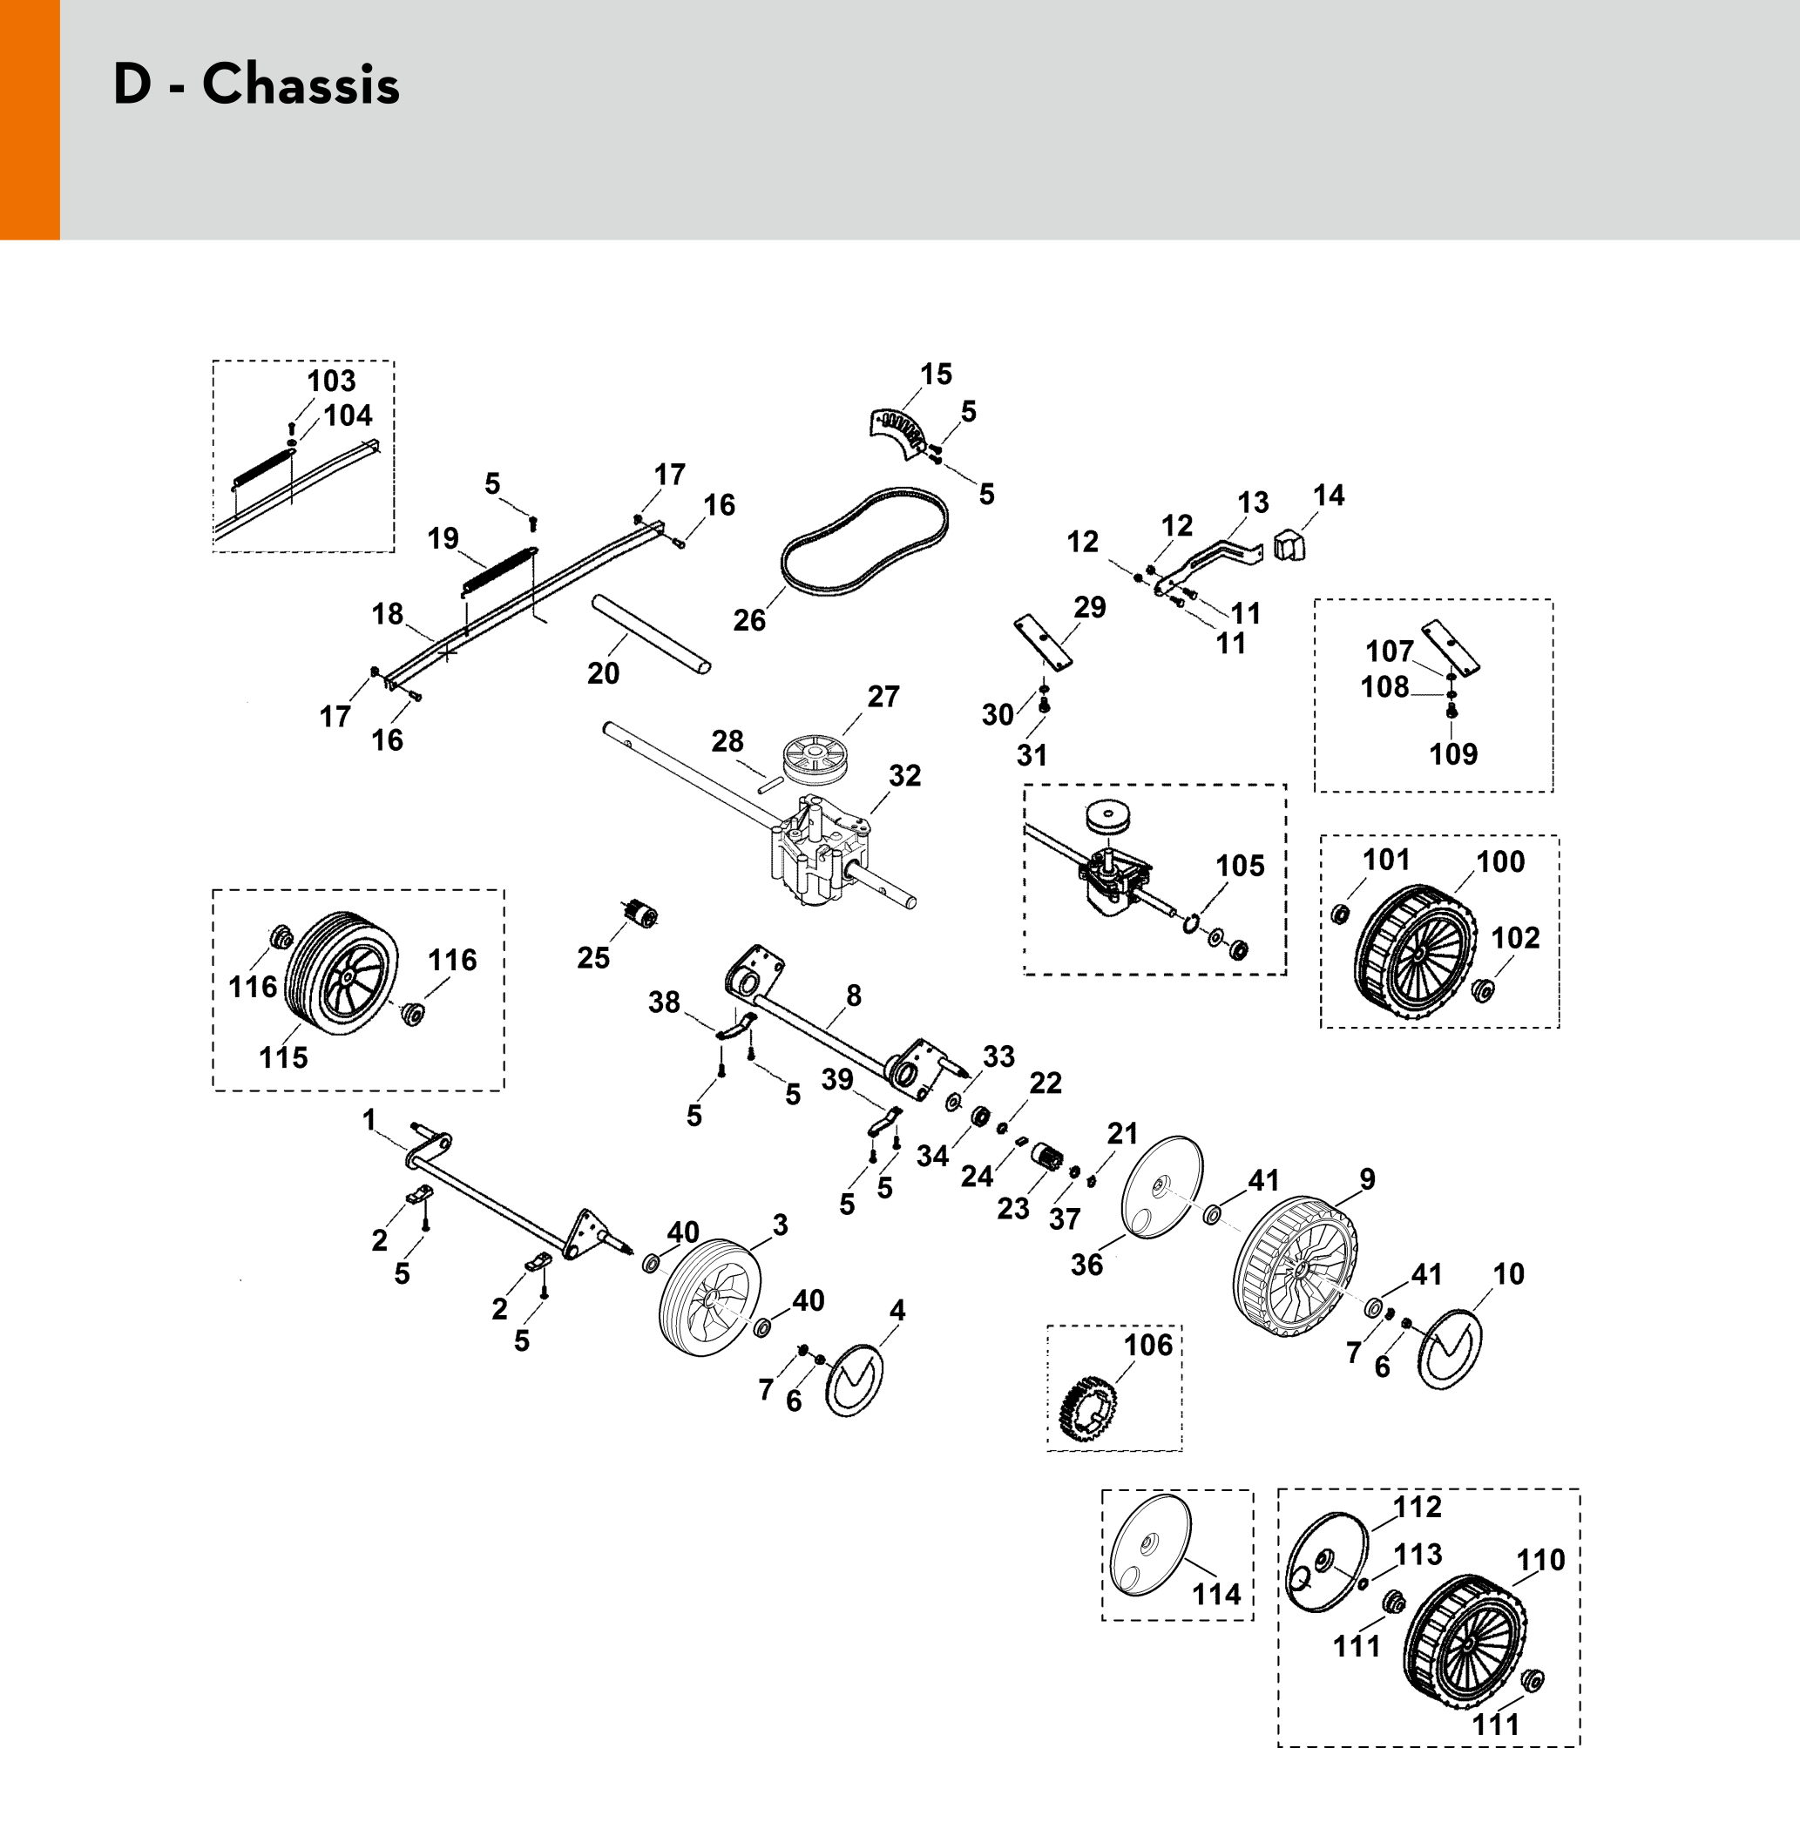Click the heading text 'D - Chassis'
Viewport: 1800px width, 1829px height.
256,84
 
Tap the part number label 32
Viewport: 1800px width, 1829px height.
904,776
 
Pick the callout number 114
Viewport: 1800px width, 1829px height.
1215,1596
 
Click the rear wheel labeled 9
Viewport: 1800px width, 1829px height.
1296,1265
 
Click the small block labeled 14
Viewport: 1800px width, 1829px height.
1288,544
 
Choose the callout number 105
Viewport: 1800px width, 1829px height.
1240,866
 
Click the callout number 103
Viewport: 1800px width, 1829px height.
331,381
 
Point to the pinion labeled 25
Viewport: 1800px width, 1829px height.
640,914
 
